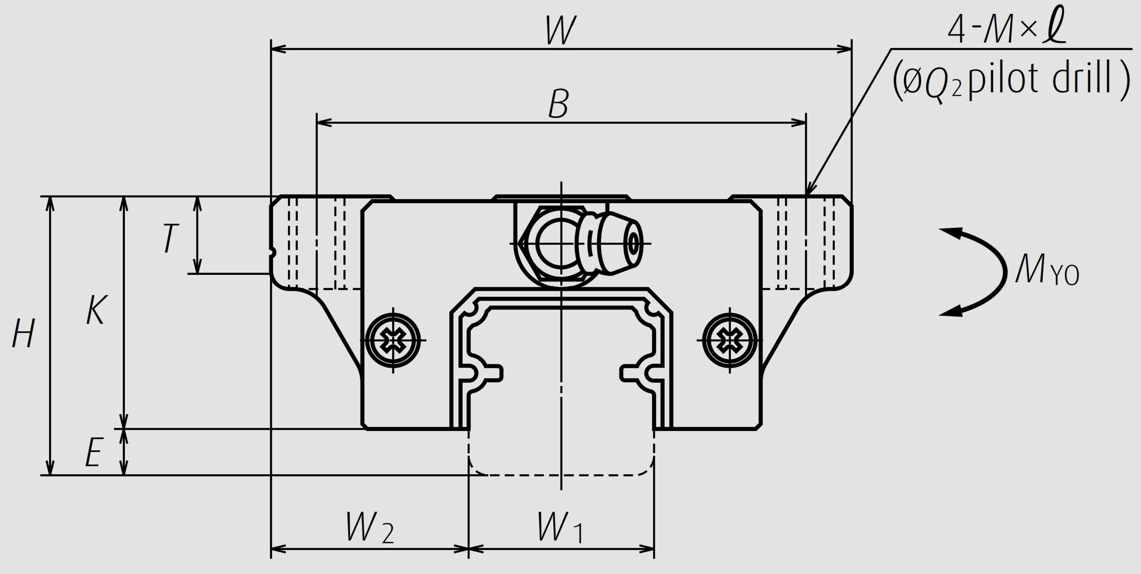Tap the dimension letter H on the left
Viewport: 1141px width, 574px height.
click(x=23, y=334)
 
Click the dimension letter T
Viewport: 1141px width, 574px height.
click(x=169, y=239)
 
